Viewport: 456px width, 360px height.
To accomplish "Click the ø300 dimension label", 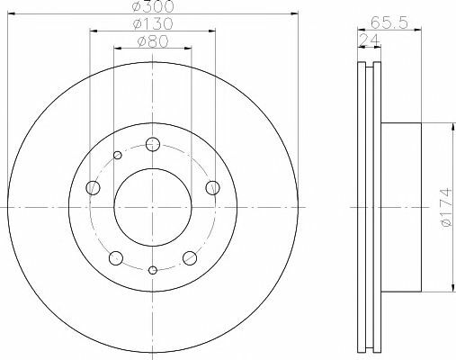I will point(151,8).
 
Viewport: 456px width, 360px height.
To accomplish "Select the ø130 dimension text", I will point(152,24).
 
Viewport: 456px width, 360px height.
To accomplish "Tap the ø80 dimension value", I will point(153,40).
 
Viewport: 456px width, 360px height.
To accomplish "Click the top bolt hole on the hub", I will point(153,144).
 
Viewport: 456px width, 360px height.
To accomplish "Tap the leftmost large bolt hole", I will point(92,188).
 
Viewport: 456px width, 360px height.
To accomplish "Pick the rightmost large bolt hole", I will point(213,186).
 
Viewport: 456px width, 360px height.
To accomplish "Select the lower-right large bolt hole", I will point(190,258).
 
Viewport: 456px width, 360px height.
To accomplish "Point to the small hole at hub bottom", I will point(153,270).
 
